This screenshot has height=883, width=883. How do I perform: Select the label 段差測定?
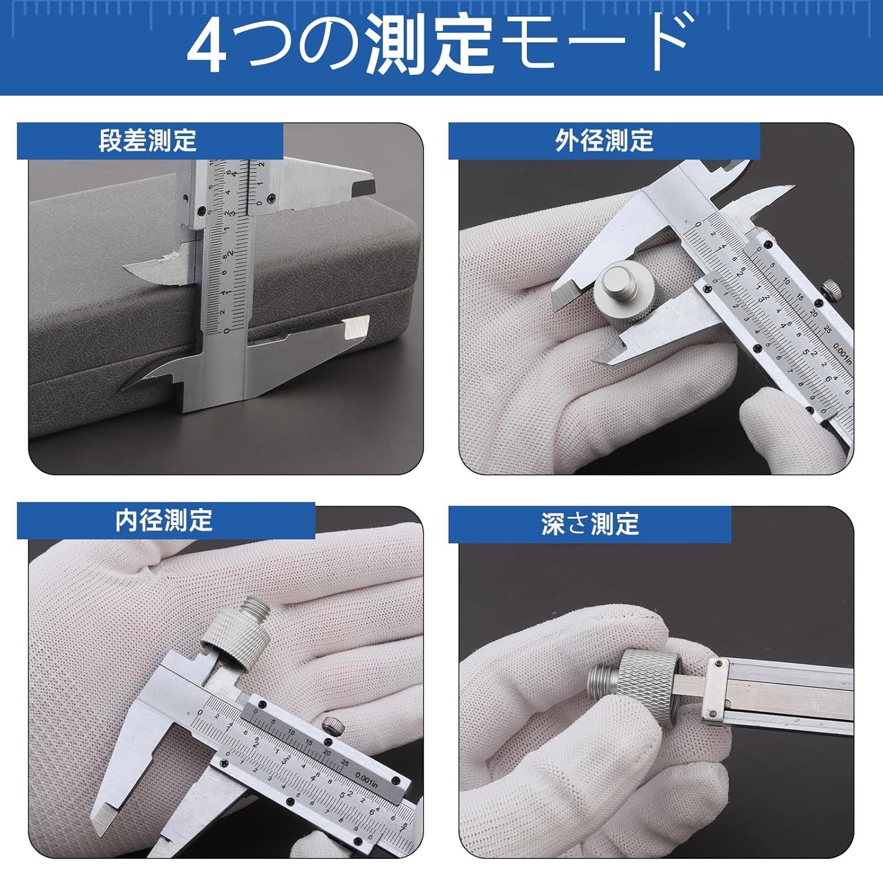pyautogui.click(x=148, y=141)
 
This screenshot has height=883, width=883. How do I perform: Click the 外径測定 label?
pyautogui.click(x=604, y=141)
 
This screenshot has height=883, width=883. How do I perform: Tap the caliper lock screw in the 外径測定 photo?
pyautogui.click(x=831, y=289)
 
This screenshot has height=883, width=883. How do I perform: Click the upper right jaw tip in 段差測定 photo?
pyautogui.click(x=361, y=188)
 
